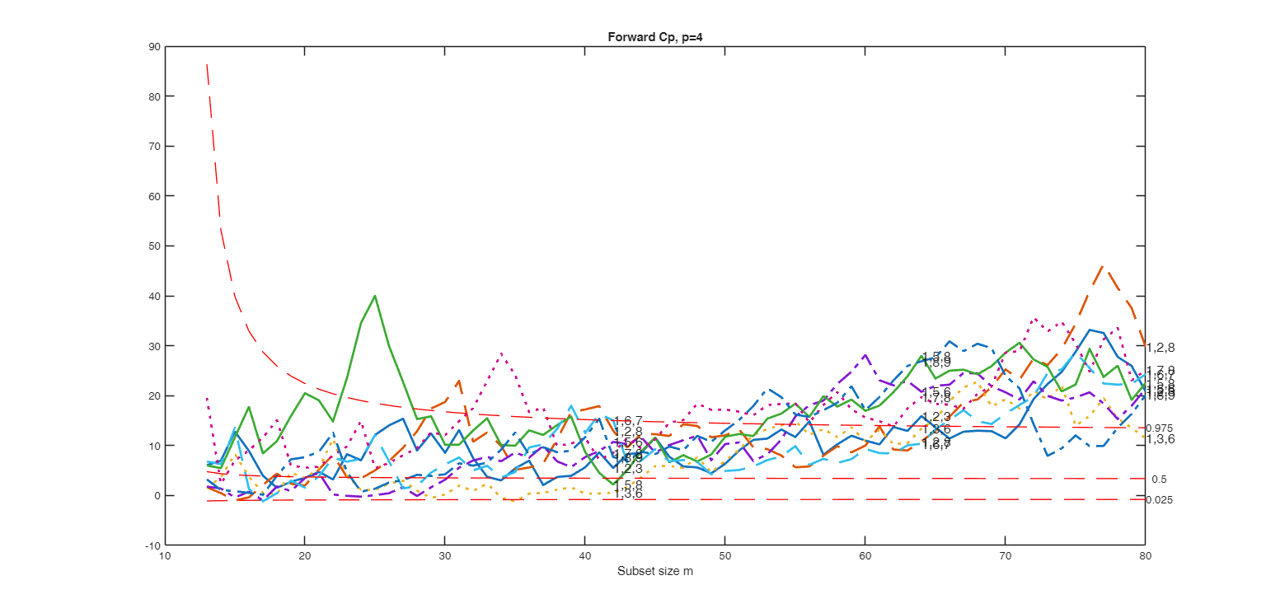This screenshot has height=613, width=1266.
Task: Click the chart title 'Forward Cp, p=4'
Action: coord(654,36)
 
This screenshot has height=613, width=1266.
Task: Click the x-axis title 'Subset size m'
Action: coord(654,572)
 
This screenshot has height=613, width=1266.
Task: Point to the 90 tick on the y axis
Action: coord(154,47)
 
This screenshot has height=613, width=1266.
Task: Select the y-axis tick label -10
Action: coord(152,545)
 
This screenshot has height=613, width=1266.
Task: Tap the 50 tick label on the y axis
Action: coord(154,246)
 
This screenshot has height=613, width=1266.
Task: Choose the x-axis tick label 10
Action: coord(165,557)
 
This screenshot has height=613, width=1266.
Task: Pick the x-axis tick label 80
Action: coord(1144,557)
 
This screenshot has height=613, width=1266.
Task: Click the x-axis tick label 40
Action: coord(584,557)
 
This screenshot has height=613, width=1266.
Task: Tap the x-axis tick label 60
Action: coord(865,557)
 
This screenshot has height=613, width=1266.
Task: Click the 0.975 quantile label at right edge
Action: coord(1160,428)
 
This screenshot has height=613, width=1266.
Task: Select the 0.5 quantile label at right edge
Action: coord(1159,480)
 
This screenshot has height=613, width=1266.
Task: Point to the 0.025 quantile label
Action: coord(1160,500)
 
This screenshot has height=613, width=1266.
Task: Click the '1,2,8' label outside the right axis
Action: coord(1160,348)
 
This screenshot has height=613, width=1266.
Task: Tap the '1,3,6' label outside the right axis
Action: coord(1160,440)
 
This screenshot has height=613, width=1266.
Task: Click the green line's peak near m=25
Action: coord(375,295)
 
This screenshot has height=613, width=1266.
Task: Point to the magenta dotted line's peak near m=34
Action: coord(501,353)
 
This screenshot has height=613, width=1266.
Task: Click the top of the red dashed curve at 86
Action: coord(207,64)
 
